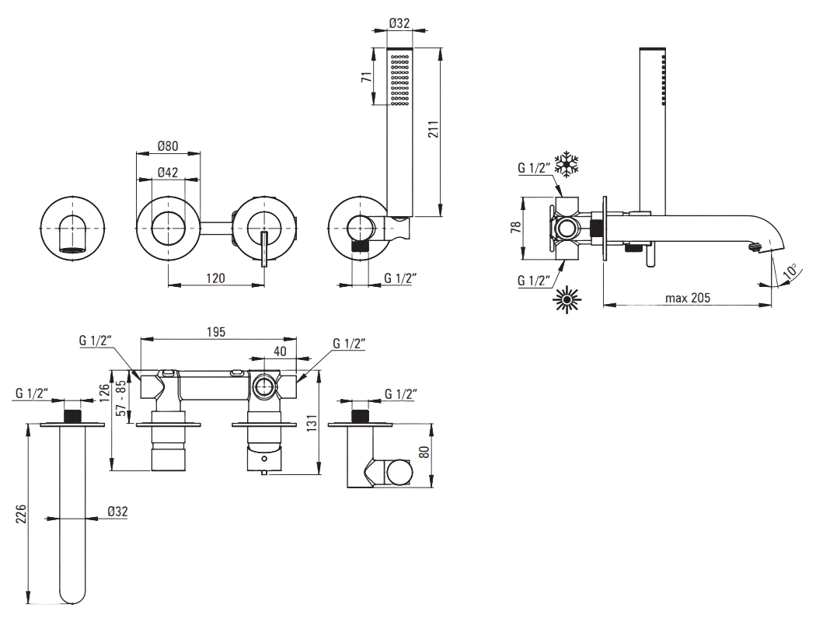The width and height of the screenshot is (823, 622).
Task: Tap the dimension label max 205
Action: pyautogui.click(x=688, y=298)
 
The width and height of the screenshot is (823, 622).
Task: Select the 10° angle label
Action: pyautogui.click(x=788, y=272)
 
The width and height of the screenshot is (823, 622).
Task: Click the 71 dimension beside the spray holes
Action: pyautogui.click(x=367, y=77)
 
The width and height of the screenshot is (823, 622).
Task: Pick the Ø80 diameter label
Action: pyautogui.click(x=168, y=145)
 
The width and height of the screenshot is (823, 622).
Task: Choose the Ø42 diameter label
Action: pyautogui.click(x=168, y=172)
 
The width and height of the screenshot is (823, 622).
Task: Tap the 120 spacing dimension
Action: pyautogui.click(x=215, y=278)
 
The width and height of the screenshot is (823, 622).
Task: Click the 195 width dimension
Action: pyautogui.click(x=216, y=332)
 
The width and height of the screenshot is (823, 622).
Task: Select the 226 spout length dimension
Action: pyautogui.click(x=20, y=514)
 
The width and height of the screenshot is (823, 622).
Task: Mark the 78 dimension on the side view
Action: pyautogui.click(x=516, y=227)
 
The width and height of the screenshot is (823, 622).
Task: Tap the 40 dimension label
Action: pyautogui.click(x=280, y=351)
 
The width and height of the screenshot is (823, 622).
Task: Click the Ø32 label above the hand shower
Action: pyautogui.click(x=399, y=23)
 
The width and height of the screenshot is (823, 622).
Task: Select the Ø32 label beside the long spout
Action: pyautogui.click(x=117, y=512)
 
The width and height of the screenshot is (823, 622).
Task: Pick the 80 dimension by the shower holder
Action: pyautogui.click(x=424, y=452)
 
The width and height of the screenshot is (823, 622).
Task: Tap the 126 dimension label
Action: pyautogui.click(x=104, y=391)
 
